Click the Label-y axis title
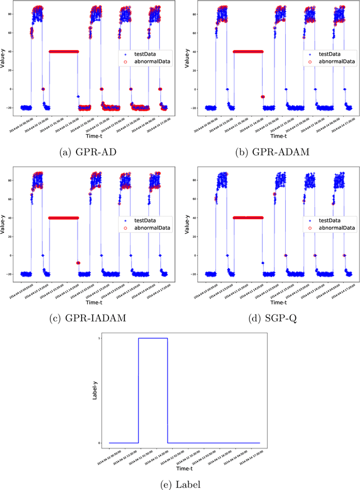94,391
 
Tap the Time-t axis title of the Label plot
184,468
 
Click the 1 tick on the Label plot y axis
100,338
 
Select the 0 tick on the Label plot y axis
100,443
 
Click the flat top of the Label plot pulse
153,338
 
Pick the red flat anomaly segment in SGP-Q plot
247,217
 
